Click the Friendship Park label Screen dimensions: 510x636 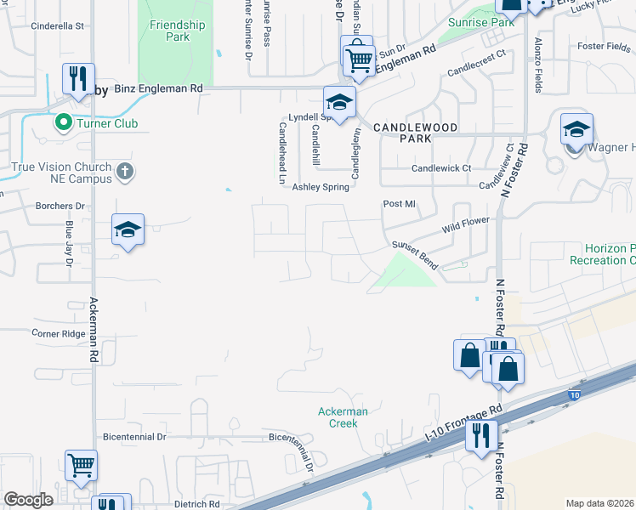tap(177, 31)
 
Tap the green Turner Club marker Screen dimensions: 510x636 tap(62, 123)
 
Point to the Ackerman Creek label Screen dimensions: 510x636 tap(344, 417)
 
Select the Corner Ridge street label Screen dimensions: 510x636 tap(59, 334)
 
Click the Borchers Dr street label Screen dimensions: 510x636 tap(60, 206)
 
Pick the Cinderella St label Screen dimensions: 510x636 tap(57, 25)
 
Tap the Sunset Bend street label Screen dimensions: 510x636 tap(414, 255)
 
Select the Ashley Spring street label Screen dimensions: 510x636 tap(321, 187)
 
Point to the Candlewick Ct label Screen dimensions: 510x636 tap(441, 168)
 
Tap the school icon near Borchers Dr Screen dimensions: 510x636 tap(128, 229)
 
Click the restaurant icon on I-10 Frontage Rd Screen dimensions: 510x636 tap(481, 436)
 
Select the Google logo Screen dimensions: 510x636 tap(28, 500)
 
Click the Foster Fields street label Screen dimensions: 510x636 tap(602, 46)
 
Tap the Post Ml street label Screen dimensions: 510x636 tap(399, 204)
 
